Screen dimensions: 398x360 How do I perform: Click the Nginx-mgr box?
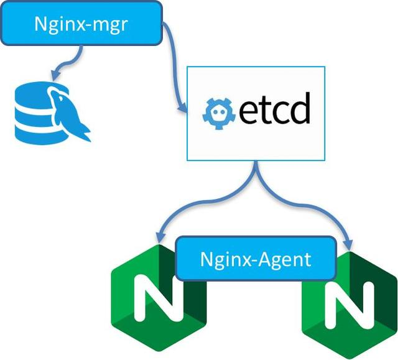pyautogui.click(x=81, y=24)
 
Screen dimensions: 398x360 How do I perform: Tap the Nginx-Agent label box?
pyautogui.click(x=256, y=259)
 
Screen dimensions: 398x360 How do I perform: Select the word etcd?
pyautogui.click(x=275, y=109)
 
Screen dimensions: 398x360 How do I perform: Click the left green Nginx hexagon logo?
pyautogui.click(x=159, y=298)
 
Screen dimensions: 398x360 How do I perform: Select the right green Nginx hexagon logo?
pyautogui.click(x=349, y=305)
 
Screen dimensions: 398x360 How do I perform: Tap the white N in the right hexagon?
pyautogui.click(x=349, y=306)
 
